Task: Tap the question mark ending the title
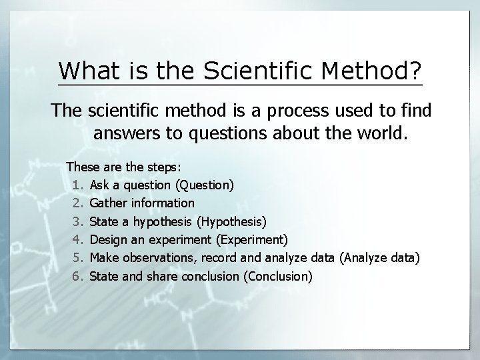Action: point(414,70)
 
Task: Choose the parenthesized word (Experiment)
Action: point(253,239)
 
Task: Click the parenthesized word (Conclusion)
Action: point(279,275)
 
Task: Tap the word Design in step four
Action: point(108,239)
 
